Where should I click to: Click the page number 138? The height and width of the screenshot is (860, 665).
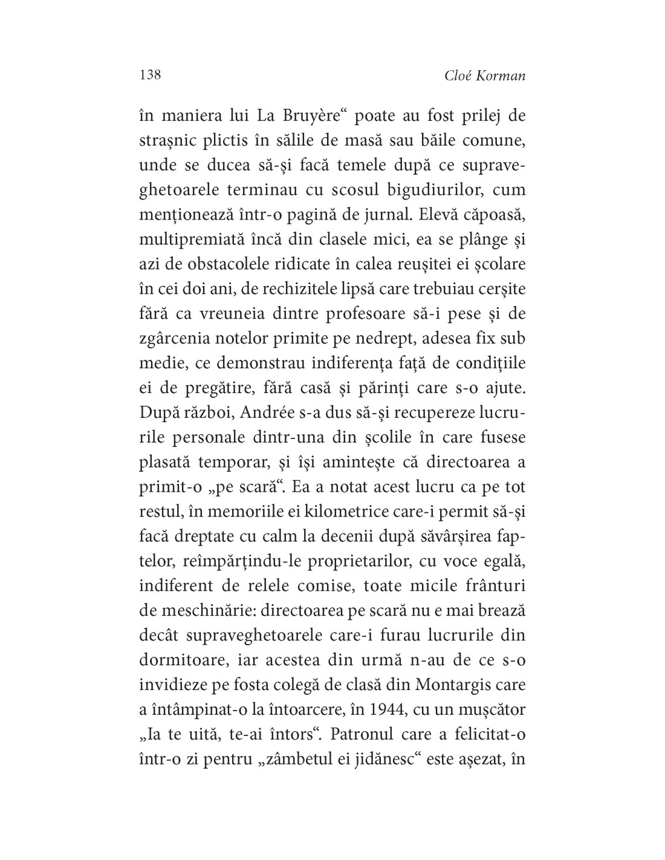(150, 75)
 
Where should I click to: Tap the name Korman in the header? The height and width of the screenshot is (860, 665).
(501, 76)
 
